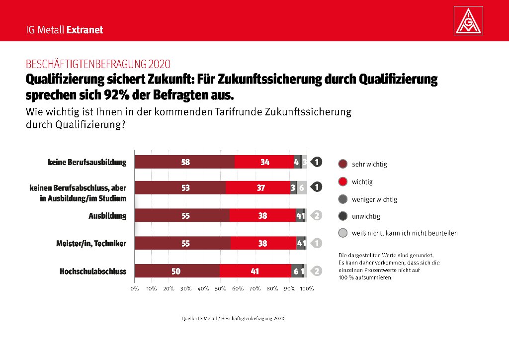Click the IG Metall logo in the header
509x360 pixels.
pos(469,21)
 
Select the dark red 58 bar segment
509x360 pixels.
pos(185,162)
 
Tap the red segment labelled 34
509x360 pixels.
pos(264,162)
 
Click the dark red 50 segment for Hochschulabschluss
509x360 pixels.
pos(177,271)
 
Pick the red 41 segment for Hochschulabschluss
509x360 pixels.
pos(255,271)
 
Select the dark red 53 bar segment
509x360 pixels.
pos(180,188)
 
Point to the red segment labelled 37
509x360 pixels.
pos(258,188)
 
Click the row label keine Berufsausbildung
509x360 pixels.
pos(87,162)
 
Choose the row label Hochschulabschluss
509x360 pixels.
pos(93,271)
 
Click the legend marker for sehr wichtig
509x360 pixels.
pos(342,164)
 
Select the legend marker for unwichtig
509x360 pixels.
pos(342,216)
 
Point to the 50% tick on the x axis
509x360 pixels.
pos(221,288)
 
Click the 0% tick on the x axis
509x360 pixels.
pos(134,288)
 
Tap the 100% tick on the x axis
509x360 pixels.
pos(307,288)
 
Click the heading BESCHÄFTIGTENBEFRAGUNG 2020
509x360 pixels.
pos(98,64)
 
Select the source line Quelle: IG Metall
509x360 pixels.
pos(233,318)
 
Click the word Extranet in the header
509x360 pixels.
pos(85,30)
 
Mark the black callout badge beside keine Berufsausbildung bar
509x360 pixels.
pos(317,162)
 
